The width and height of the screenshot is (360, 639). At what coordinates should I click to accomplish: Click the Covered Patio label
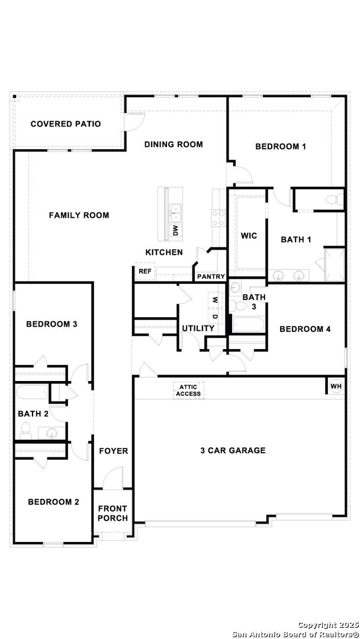(x=66, y=124)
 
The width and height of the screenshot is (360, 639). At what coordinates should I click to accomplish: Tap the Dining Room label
(x=173, y=144)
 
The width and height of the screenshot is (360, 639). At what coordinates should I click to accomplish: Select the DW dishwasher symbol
(x=176, y=231)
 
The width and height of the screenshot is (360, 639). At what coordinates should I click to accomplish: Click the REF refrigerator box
(x=145, y=272)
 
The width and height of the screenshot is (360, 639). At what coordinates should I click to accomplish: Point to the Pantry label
(x=211, y=277)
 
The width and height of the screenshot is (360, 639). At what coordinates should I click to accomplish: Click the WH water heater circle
(x=336, y=386)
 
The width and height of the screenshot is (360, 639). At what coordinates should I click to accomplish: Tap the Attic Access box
(x=188, y=390)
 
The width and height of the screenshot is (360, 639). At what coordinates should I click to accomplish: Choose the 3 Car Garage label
(x=233, y=450)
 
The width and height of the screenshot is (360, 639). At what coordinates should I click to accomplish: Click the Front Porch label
(x=113, y=513)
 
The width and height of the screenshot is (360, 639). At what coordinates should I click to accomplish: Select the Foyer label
(x=114, y=451)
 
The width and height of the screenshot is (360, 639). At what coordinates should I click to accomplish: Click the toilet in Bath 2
(x=25, y=431)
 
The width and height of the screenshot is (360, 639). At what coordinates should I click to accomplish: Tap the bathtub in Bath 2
(x=33, y=393)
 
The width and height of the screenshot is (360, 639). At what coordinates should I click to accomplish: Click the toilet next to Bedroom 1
(x=335, y=200)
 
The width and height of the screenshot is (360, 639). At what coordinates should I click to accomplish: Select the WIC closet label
(x=249, y=236)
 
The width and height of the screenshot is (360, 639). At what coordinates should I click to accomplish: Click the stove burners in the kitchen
(x=218, y=218)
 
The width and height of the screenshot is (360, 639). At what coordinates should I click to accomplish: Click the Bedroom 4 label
(x=305, y=330)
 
